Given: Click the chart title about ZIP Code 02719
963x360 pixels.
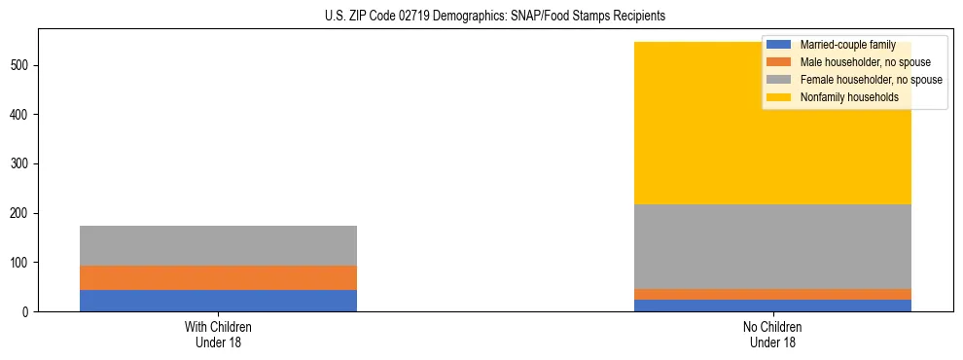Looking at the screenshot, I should [495, 17].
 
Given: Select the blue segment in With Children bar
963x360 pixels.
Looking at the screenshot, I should [218, 301].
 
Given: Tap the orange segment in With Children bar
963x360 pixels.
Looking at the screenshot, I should [218, 277].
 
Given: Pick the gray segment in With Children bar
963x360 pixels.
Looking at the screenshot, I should [218, 245].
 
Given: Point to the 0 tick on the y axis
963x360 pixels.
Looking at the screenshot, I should [29, 311].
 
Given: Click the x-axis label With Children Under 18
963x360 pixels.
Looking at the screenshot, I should [218, 334].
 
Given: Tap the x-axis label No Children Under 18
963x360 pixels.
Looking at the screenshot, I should [772, 334].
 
